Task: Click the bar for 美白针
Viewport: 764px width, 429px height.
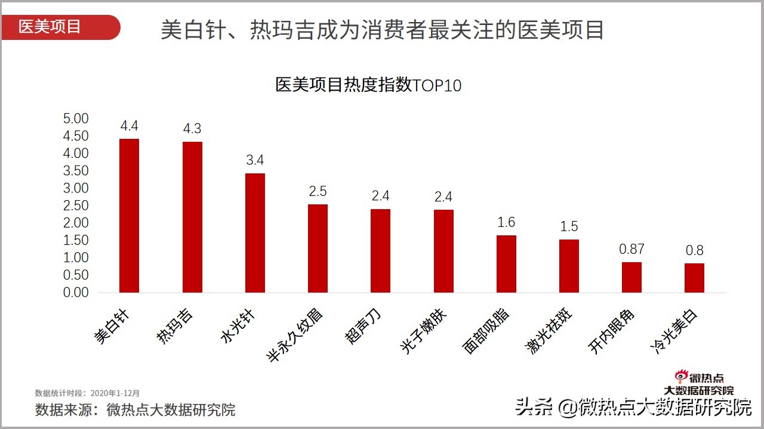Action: pyautogui.click(x=129, y=216)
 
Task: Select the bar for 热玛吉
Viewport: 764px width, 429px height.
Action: pyautogui.click(x=192, y=217)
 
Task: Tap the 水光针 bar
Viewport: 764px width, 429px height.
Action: pyautogui.click(x=255, y=233)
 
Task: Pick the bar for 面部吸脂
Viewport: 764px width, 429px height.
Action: pyautogui.click(x=506, y=264)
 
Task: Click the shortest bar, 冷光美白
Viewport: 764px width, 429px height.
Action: pyautogui.click(x=694, y=278)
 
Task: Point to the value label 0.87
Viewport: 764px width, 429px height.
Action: pyautogui.click(x=631, y=249)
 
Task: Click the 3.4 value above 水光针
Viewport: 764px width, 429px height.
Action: pyautogui.click(x=255, y=160)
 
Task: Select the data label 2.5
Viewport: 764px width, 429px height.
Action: pyautogui.click(x=318, y=191)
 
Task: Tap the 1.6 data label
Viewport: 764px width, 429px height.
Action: pyautogui.click(x=506, y=222)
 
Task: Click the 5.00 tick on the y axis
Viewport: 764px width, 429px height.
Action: pyautogui.click(x=76, y=119)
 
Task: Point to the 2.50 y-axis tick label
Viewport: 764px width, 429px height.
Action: pyautogui.click(x=76, y=206)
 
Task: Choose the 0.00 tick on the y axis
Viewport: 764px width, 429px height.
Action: pyautogui.click(x=76, y=293)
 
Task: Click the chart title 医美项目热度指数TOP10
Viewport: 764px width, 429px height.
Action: pyautogui.click(x=368, y=85)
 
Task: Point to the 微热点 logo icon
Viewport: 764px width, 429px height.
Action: pyautogui.click(x=681, y=376)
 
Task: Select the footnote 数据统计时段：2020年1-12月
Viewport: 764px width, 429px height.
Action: pyautogui.click(x=87, y=393)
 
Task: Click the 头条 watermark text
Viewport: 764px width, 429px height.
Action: pyautogui.click(x=534, y=408)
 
